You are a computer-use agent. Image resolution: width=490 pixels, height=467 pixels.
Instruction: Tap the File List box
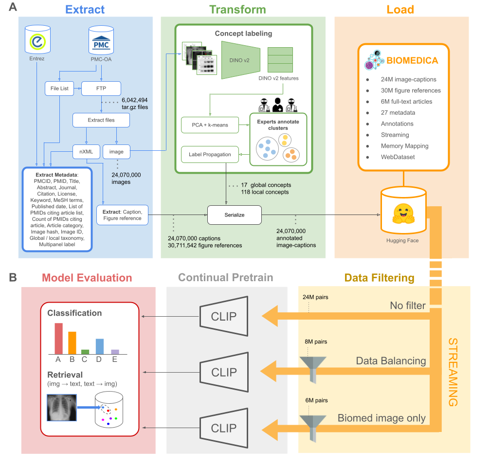(x=59, y=89)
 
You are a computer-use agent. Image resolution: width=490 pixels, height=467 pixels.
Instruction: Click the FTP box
(x=101, y=89)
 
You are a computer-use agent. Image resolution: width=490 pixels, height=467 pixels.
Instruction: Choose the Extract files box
(x=101, y=120)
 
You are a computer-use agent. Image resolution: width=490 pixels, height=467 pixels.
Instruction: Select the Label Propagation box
(x=209, y=155)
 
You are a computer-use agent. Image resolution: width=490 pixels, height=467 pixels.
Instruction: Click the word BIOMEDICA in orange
(x=412, y=61)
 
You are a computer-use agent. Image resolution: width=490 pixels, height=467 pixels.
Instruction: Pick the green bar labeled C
(x=85, y=351)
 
